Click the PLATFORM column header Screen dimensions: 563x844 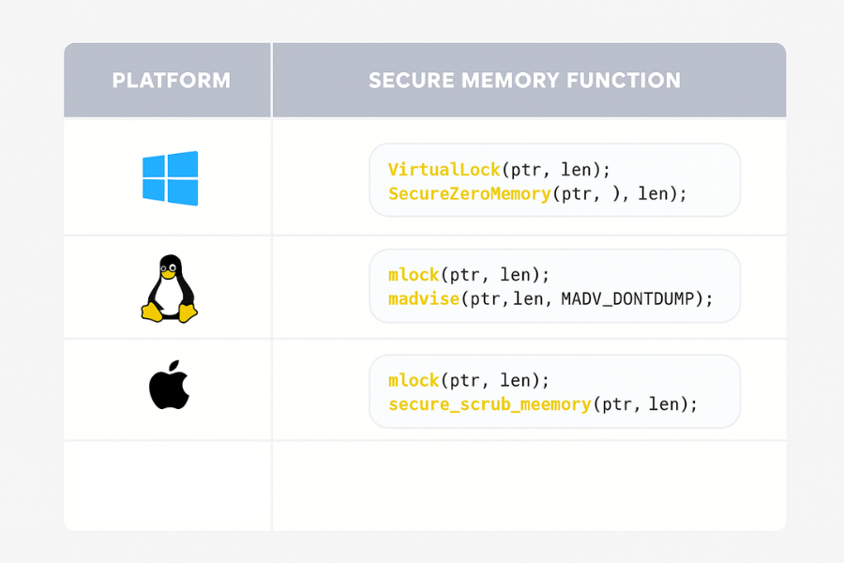171,81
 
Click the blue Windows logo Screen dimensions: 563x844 170,178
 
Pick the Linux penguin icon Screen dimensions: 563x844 170,288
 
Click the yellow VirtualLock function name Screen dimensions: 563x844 444,170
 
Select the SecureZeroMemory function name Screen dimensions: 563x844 469,193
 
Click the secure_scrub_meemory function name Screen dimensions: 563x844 489,404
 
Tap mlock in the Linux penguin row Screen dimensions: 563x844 414,275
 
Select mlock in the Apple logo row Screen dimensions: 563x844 414,381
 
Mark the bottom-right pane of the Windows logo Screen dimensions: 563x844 185,192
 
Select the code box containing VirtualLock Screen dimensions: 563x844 554,180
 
